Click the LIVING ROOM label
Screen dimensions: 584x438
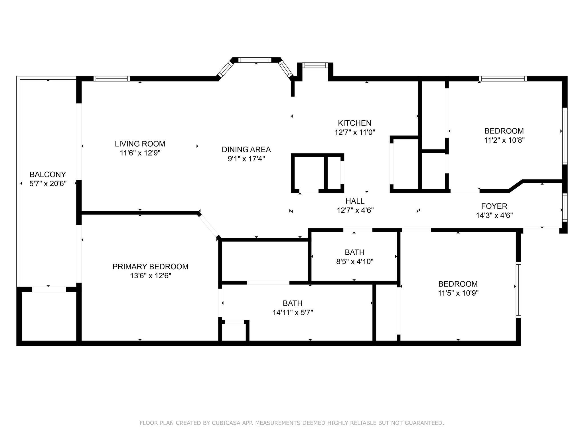point(140,144)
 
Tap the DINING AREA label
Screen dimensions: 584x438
point(246,149)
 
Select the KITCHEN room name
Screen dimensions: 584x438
point(355,123)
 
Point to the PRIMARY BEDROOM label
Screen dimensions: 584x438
point(151,267)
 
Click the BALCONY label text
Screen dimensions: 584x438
point(48,175)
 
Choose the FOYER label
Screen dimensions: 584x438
point(494,206)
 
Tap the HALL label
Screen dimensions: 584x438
point(355,201)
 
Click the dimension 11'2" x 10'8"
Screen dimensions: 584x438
point(504,140)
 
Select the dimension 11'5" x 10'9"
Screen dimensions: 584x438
point(458,293)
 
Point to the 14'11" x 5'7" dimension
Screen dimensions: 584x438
point(293,313)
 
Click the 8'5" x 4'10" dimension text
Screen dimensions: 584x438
point(355,261)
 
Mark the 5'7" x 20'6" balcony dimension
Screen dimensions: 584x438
point(48,184)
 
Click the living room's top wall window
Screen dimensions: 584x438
point(111,79)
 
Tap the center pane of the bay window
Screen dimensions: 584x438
point(255,60)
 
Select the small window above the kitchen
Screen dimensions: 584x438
point(315,65)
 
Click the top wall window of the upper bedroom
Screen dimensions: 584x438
point(503,79)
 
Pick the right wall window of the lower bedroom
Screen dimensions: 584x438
point(518,290)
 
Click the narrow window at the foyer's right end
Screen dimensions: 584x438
point(565,208)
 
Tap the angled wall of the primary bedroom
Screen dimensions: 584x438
point(208,225)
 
